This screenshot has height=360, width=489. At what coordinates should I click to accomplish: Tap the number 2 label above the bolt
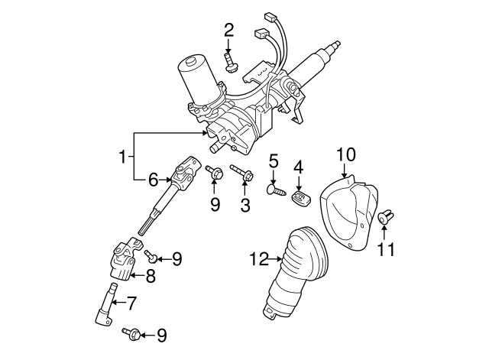pyautogui.click(x=228, y=30)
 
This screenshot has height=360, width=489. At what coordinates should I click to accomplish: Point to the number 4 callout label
pyautogui.click(x=299, y=166)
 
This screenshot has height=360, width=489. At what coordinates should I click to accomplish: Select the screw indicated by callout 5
pyautogui.click(x=276, y=189)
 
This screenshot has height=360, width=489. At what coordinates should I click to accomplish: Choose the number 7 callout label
pyautogui.click(x=131, y=304)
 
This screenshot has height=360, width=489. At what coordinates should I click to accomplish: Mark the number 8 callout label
pyautogui.click(x=151, y=276)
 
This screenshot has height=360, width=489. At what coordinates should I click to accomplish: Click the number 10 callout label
pyautogui.click(x=346, y=154)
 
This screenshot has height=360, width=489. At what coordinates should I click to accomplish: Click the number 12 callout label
pyautogui.click(x=259, y=261)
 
